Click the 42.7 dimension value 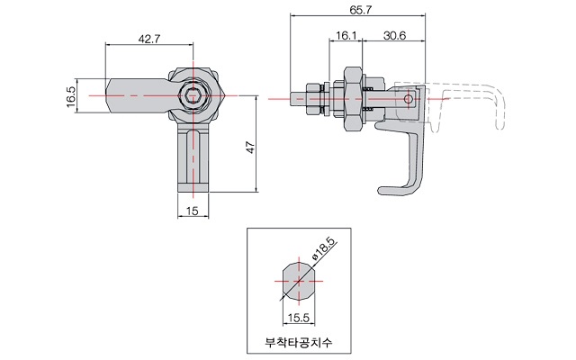click(149, 39)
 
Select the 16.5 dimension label click(71, 96)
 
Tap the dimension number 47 click(250, 148)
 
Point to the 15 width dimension click(192, 211)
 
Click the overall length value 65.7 click(360, 10)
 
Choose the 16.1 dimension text click(346, 36)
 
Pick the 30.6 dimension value click(395, 36)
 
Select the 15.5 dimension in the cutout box click(299, 318)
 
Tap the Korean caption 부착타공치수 click(299, 342)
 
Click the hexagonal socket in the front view click(193, 96)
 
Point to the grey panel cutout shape click(299, 281)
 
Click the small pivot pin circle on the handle click(408, 99)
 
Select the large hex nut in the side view click(353, 99)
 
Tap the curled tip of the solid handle click(384, 191)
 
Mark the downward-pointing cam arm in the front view click(193, 157)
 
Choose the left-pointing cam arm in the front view click(137, 96)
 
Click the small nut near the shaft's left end click(312, 99)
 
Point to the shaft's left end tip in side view click(291, 99)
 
